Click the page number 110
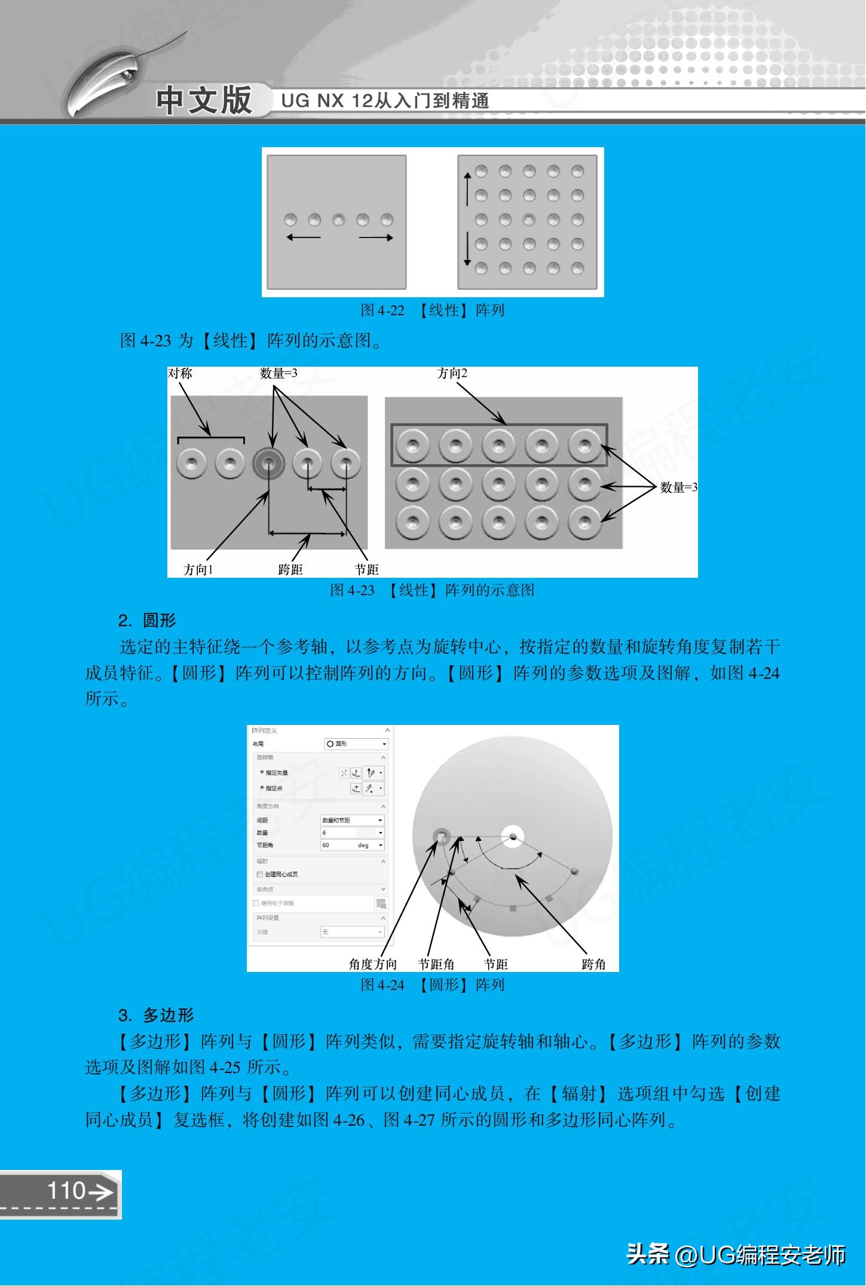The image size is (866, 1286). pyautogui.click(x=67, y=1190)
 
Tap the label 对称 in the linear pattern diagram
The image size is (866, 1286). pyautogui.click(x=180, y=374)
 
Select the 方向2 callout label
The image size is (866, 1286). pyautogui.click(x=452, y=374)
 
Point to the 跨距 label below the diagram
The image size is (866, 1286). pyautogui.click(x=290, y=569)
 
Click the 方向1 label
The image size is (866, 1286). pyautogui.click(x=198, y=569)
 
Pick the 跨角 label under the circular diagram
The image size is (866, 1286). pyautogui.click(x=593, y=964)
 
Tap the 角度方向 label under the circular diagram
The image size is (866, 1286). pyautogui.click(x=372, y=964)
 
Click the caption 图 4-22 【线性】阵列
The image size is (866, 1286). pyautogui.click(x=432, y=310)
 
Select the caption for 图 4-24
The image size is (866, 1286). pyautogui.click(x=432, y=985)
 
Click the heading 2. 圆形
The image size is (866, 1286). pyautogui.click(x=147, y=621)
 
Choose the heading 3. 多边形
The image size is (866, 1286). pyautogui.click(x=156, y=1016)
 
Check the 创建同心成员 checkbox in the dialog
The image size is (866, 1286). pyautogui.click(x=260, y=874)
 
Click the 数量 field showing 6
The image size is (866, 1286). pyautogui.click(x=352, y=833)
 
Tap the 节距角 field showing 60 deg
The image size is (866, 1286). pyautogui.click(x=352, y=845)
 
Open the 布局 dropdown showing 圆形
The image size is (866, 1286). pyautogui.click(x=356, y=743)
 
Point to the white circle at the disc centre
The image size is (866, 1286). pyautogui.click(x=512, y=836)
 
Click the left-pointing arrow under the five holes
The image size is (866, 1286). pyautogui.click(x=303, y=237)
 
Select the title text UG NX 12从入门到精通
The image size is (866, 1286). pyautogui.click(x=385, y=101)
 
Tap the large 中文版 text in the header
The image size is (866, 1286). pyautogui.click(x=204, y=100)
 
